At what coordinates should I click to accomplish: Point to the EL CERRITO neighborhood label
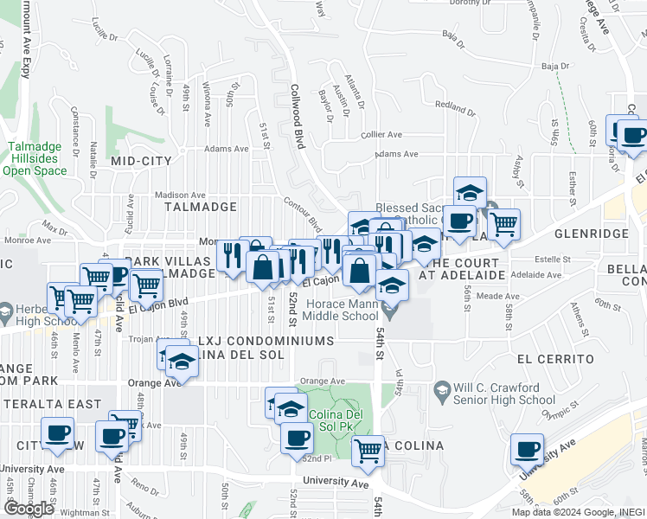[x=555, y=358]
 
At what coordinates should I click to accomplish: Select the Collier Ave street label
[x=382, y=135]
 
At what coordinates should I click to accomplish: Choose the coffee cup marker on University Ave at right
[x=527, y=450]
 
